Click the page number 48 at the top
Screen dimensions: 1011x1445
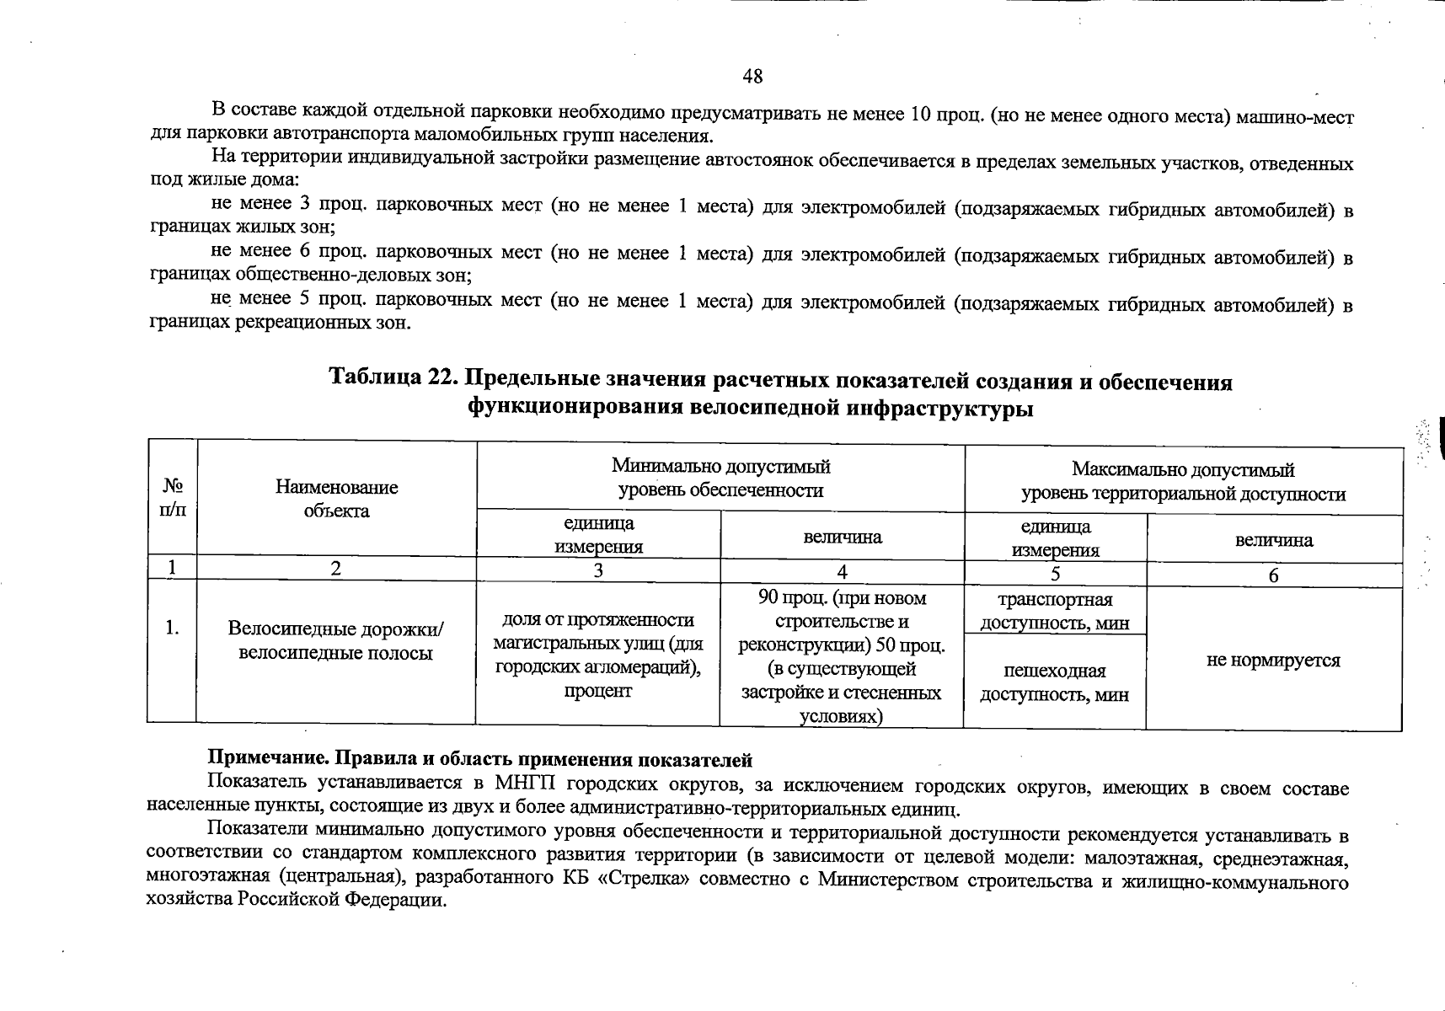click(752, 77)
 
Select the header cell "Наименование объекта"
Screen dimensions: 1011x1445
click(336, 498)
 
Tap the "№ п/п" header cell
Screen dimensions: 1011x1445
click(173, 497)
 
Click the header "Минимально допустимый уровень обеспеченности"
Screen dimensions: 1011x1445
click(720, 478)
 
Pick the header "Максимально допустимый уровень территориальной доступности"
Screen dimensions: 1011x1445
click(1183, 481)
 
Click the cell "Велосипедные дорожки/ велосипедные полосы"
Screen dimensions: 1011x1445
click(335, 641)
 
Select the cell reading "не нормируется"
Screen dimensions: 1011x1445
click(1273, 660)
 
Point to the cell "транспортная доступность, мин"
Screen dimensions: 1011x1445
click(1055, 611)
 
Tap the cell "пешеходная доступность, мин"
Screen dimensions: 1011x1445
click(1054, 682)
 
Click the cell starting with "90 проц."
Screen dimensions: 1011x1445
click(842, 657)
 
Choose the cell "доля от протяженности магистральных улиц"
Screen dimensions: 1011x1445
click(597, 655)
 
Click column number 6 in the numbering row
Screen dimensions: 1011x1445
click(1273, 575)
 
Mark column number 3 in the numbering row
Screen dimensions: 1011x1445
click(597, 570)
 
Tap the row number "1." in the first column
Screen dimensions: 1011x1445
click(172, 627)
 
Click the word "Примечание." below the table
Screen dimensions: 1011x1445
click(256, 760)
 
